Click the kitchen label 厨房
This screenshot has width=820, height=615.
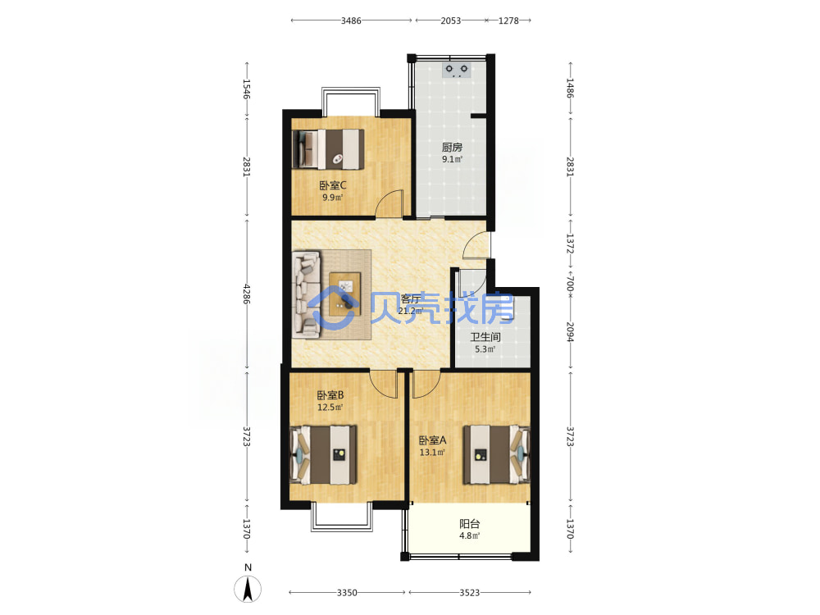(452, 148)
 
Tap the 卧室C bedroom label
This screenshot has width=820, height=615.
(333, 185)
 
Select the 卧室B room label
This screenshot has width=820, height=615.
(330, 395)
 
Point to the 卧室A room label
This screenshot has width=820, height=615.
(432, 441)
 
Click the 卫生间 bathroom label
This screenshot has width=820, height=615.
(485, 337)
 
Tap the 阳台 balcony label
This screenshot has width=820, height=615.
(470, 523)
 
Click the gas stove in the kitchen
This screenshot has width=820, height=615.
(457, 70)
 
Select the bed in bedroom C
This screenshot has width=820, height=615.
(328, 149)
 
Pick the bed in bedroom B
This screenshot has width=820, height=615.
(324, 455)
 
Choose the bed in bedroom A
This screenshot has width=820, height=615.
(496, 455)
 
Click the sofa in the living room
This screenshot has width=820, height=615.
(307, 294)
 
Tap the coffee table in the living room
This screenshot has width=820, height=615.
(345, 294)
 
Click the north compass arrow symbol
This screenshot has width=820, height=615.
(248, 589)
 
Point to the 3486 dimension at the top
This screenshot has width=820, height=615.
(351, 21)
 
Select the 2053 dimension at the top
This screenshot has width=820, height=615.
(450, 21)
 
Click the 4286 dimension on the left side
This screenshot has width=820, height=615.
(247, 294)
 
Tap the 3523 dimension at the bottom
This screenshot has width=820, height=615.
(470, 593)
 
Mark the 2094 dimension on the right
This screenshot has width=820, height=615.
(570, 331)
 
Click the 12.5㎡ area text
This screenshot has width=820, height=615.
(330, 408)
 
